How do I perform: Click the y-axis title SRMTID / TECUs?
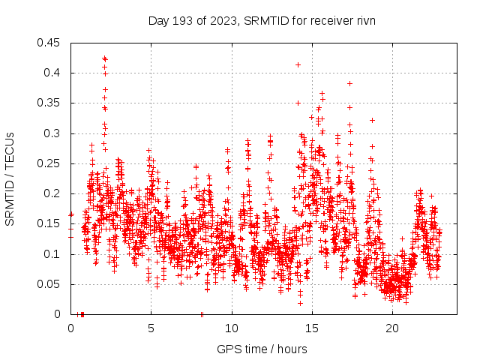(10, 178)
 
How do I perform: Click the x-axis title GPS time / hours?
(262, 349)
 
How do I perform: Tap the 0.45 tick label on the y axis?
(51, 43)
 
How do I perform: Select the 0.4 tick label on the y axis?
(54, 73)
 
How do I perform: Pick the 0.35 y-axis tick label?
(51, 103)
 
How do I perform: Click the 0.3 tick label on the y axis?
(54, 133)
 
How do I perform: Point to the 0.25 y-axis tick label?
(51, 163)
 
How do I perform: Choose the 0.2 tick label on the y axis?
(54, 193)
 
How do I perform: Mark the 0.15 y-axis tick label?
(51, 223)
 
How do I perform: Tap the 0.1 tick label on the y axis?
(54, 254)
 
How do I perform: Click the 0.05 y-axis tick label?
(51, 284)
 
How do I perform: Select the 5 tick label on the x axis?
(151, 328)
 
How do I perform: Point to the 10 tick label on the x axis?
(232, 328)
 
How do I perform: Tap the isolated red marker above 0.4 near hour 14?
(298, 65)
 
